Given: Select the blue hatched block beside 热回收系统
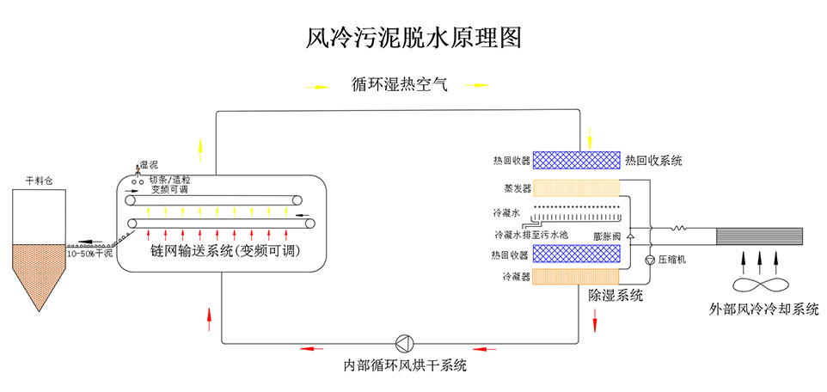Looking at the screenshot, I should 575,160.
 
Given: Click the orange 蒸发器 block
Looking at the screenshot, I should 575,187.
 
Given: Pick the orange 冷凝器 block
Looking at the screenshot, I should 575,277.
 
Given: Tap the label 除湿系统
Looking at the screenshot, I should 616,295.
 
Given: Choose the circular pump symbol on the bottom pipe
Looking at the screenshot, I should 403,340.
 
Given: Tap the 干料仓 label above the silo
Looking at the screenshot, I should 39,181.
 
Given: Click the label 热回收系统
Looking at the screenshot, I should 654,160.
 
